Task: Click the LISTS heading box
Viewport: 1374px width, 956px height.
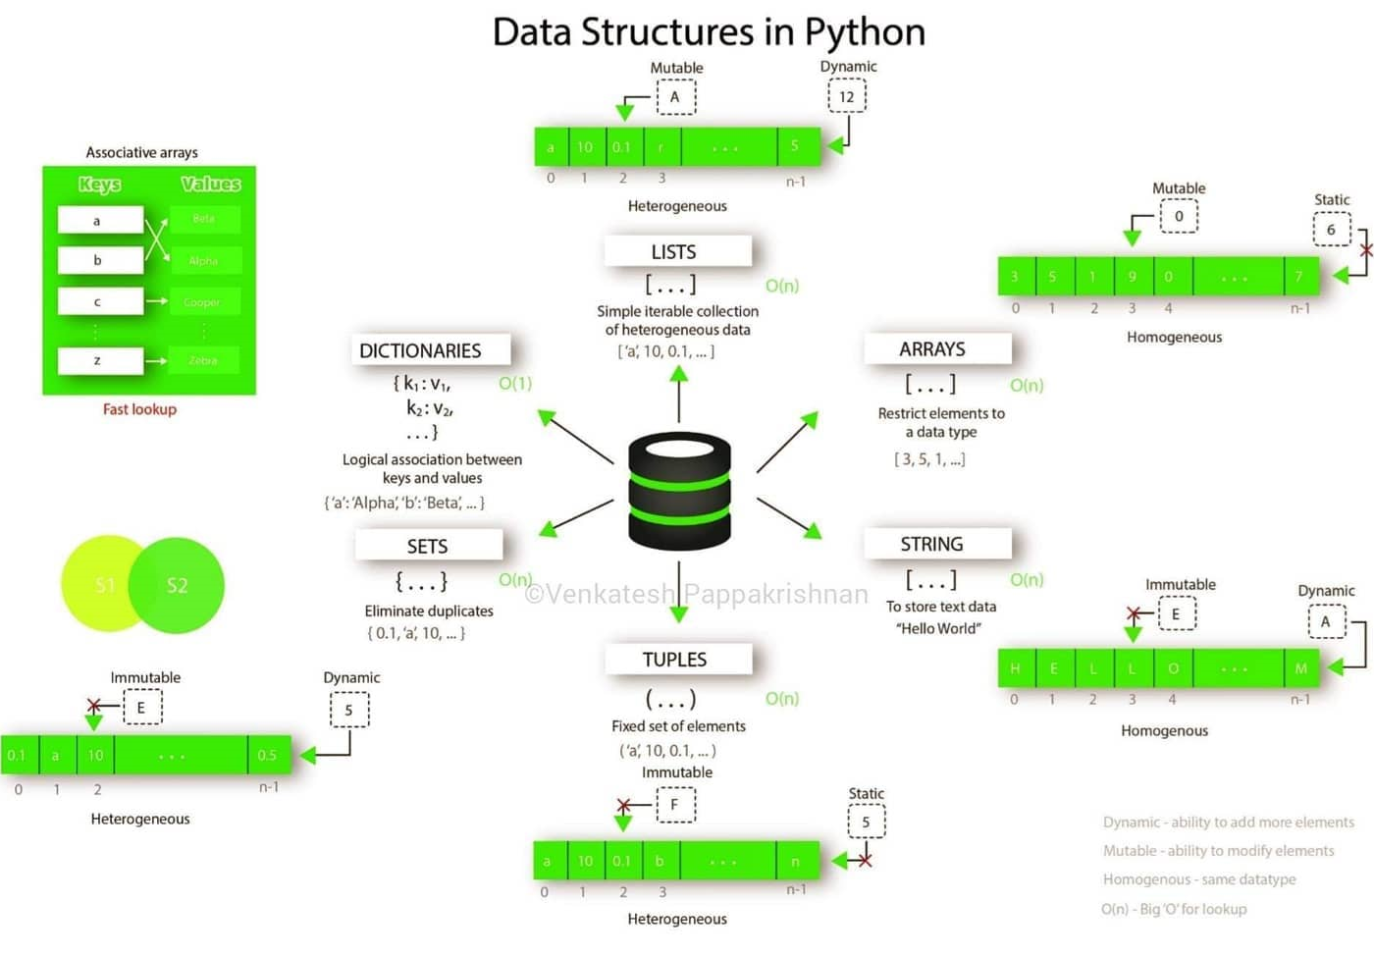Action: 677,252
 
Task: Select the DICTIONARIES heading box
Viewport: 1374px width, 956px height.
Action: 431,350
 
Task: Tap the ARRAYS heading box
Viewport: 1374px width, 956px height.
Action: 936,349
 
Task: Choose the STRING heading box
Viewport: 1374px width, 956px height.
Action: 936,544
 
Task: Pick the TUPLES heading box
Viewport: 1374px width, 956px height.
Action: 677,660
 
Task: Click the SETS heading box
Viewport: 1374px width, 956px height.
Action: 429,546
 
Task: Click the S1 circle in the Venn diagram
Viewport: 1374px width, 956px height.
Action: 98,585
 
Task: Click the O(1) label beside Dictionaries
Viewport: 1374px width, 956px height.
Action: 515,383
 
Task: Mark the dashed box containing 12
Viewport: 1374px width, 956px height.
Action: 847,96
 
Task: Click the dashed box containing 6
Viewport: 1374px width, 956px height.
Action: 1332,230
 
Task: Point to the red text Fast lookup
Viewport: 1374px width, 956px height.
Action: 139,409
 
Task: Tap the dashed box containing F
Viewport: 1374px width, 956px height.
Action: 674,805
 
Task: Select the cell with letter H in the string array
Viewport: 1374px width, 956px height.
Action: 1016,668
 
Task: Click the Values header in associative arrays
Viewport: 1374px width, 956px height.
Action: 210,185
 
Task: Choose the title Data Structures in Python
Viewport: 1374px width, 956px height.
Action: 709,31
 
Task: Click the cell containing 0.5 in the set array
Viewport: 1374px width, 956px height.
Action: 268,756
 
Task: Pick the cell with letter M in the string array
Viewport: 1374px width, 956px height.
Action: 1301,668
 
